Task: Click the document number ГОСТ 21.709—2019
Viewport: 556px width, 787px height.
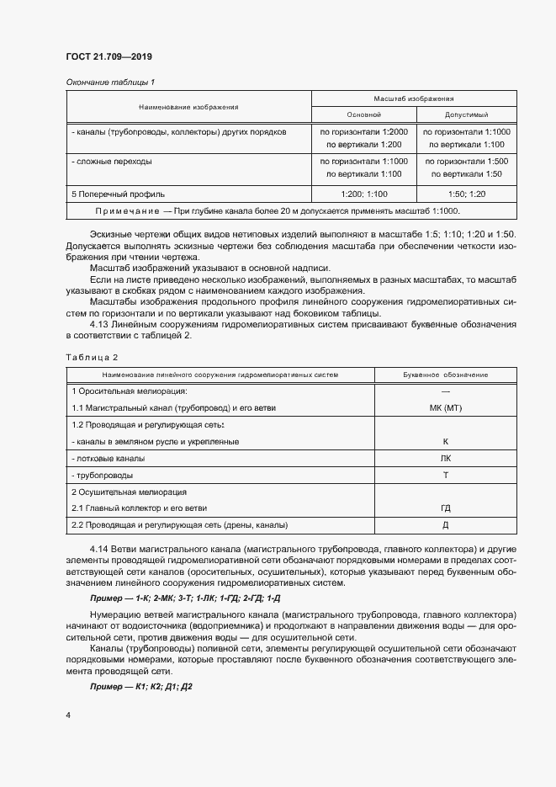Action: [x=109, y=57]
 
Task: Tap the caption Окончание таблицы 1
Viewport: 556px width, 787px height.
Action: [x=110, y=82]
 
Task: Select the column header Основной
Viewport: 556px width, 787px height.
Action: [x=363, y=114]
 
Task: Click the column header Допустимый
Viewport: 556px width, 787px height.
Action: [x=465, y=114]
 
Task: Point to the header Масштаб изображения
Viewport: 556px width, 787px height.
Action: [x=415, y=98]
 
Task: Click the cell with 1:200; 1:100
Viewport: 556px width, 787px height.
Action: [x=363, y=194]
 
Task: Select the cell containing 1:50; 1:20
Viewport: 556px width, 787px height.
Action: [x=465, y=194]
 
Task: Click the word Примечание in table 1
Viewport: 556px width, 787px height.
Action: [x=125, y=210]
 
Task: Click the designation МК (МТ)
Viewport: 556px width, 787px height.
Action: [x=445, y=407]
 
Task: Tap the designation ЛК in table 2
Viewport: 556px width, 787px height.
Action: [x=445, y=458]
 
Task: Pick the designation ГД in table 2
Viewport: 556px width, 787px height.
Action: [x=445, y=508]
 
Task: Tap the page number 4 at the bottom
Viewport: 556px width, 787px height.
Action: [x=68, y=715]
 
